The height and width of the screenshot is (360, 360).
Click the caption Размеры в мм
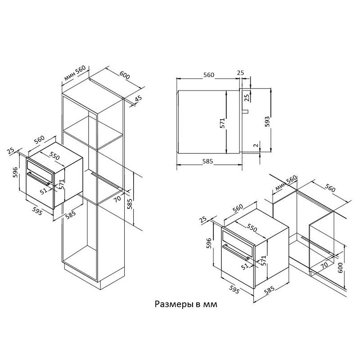186,305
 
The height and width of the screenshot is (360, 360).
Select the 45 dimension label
138,99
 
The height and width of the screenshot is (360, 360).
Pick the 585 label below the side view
208,161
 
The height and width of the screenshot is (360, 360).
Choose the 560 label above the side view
208,75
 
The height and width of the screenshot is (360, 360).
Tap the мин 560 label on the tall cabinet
75,73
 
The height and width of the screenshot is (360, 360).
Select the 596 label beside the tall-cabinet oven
15,173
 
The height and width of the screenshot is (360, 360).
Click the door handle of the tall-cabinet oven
40,179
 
